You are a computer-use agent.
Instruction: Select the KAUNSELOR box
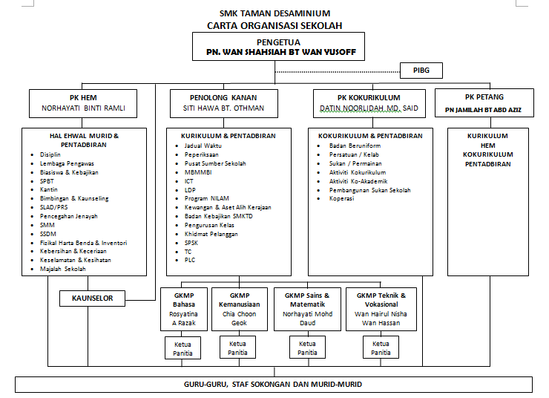(x=92, y=298)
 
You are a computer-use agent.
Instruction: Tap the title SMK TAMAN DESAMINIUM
(x=275, y=13)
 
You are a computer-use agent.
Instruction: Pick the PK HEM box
(x=83, y=102)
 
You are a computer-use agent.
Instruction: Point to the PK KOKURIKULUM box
(x=369, y=102)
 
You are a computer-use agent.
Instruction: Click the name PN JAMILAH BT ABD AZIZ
(x=484, y=109)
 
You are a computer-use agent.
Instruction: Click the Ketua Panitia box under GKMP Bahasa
(x=183, y=348)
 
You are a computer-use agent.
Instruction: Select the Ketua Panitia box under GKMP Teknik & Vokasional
(x=381, y=348)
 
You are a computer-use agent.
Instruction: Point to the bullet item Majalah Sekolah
(x=63, y=269)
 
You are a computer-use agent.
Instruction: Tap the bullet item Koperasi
(x=342, y=198)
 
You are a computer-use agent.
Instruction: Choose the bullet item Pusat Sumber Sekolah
(x=215, y=163)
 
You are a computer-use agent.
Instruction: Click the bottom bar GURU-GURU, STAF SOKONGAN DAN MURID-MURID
(x=274, y=384)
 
